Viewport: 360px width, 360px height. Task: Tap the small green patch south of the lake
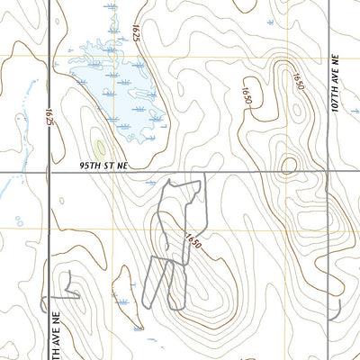[x=99, y=146]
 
